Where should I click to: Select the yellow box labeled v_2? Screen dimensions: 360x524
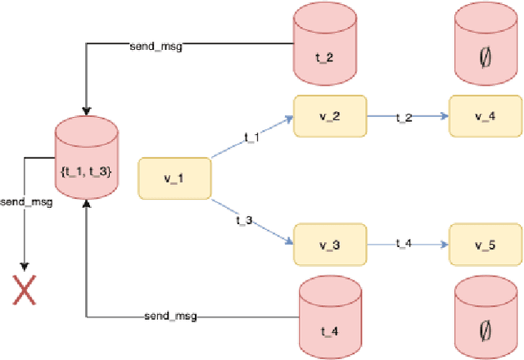[330, 115]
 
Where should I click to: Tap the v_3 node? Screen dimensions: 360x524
[330, 245]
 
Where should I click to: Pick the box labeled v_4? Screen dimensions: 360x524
[485, 115]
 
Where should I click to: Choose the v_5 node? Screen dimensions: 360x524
[485, 245]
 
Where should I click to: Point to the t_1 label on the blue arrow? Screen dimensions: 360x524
[251, 137]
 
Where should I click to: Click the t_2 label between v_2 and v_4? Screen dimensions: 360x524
[404, 117]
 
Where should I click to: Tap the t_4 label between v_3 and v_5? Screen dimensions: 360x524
[404, 244]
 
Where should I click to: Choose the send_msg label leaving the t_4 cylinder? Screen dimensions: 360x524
[169, 316]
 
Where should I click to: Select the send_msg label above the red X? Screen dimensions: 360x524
[26, 201]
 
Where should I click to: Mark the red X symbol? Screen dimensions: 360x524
[24, 290]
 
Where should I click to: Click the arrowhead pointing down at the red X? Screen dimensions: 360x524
[24, 266]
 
